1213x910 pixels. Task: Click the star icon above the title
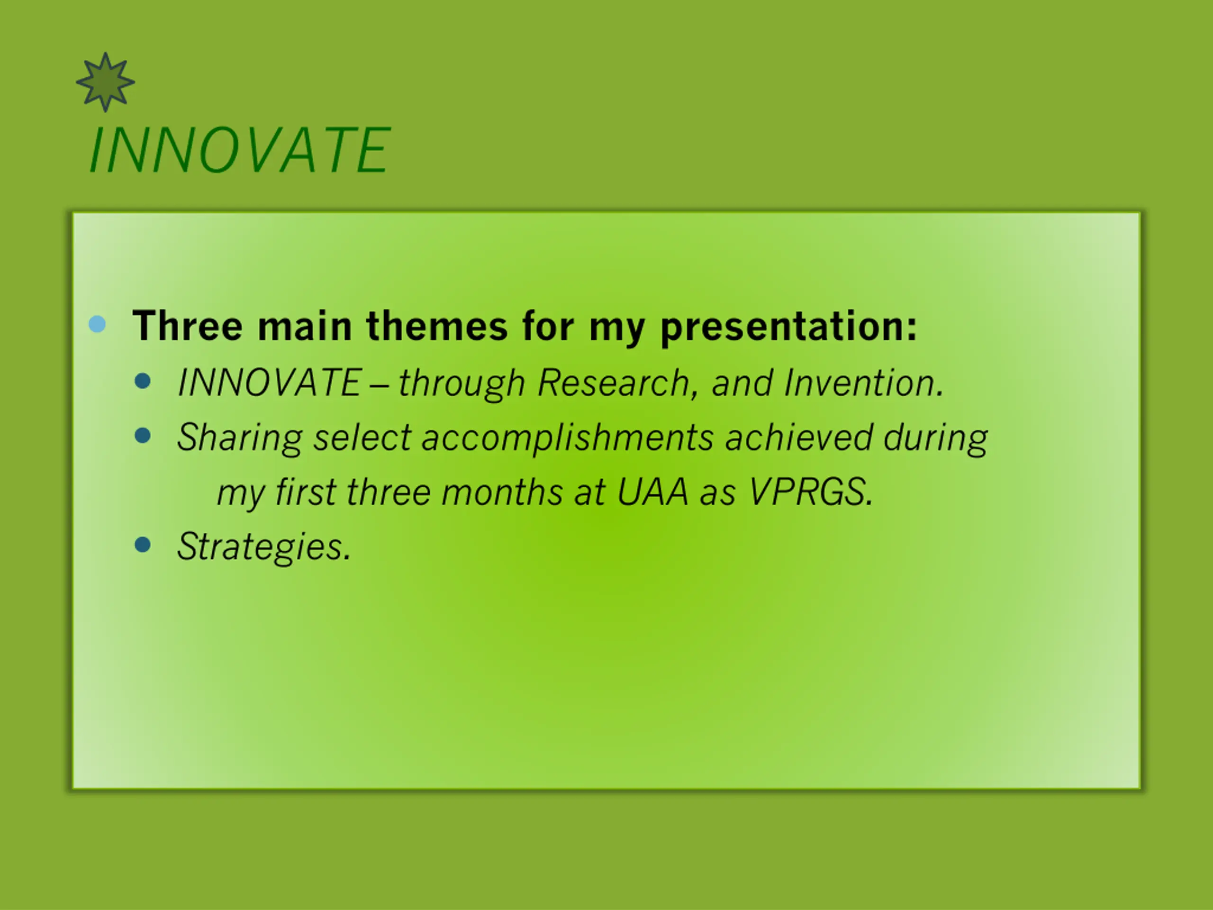pos(105,82)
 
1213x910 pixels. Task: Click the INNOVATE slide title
pos(240,150)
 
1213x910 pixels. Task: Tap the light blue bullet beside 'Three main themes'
pos(97,324)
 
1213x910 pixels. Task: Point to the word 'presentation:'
pos(788,328)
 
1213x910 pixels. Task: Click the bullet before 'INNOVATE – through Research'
pos(143,381)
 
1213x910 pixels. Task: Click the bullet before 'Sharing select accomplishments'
pos(143,436)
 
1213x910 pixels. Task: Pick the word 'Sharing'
pos(240,438)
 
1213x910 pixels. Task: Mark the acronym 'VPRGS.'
pos(811,491)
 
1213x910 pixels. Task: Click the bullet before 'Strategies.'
pos(143,545)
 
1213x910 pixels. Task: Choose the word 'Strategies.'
pos(264,547)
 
